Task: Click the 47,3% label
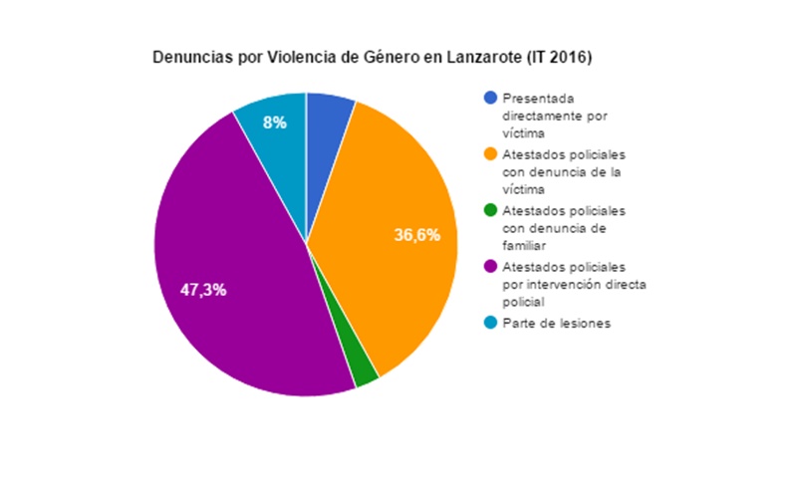click(203, 290)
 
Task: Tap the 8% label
click(274, 123)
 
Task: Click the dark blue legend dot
click(489, 99)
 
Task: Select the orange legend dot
click(489, 155)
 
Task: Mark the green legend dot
click(489, 211)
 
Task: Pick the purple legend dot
click(489, 268)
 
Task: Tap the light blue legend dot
click(489, 324)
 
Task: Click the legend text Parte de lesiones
click(555, 324)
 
